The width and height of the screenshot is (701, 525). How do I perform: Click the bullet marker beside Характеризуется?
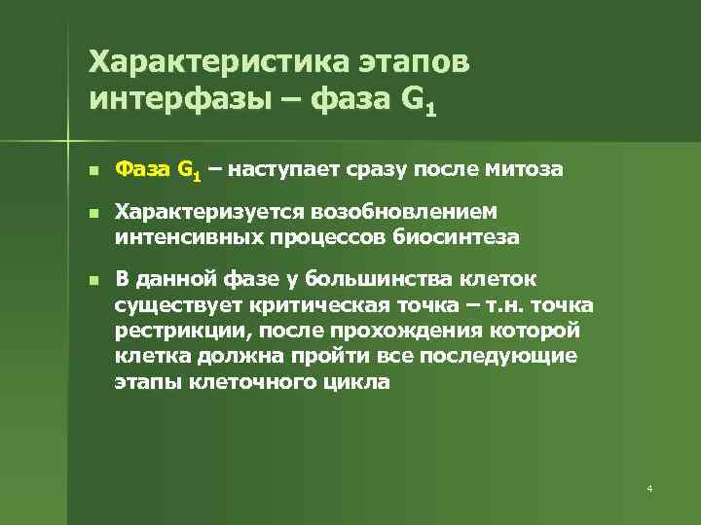pyautogui.click(x=92, y=214)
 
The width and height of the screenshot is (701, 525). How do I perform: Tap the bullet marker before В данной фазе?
pyautogui.click(x=92, y=281)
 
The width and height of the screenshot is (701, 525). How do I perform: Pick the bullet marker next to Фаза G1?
pyautogui.click(x=92, y=170)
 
